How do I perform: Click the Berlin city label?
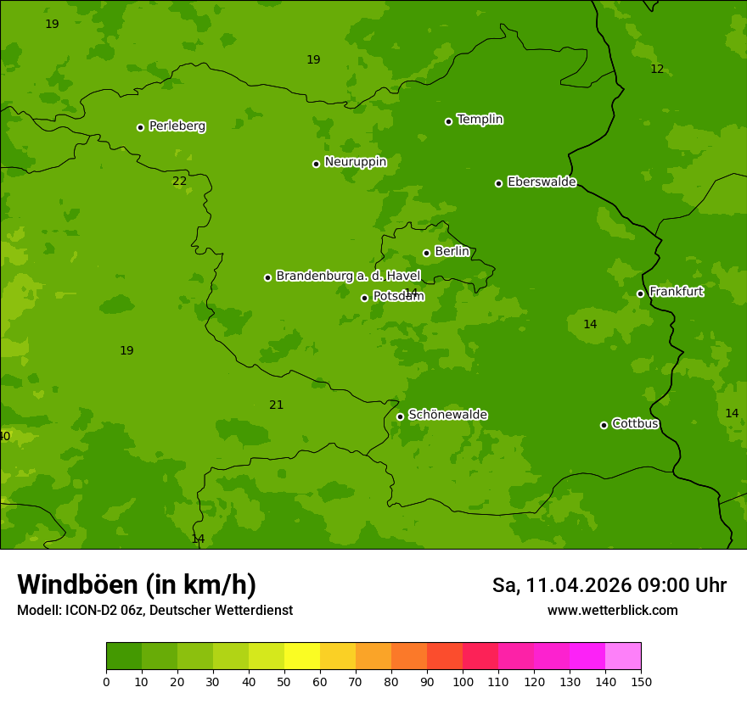452,252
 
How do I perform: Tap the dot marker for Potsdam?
365,298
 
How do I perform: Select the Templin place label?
480,120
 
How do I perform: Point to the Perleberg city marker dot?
141,127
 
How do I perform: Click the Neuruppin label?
355,162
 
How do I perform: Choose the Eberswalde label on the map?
542,182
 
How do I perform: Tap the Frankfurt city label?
676,292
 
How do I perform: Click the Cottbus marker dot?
604,425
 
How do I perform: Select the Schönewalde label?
447,415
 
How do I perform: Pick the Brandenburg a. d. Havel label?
348,277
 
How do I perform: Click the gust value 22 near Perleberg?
180,182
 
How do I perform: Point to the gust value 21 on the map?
277,405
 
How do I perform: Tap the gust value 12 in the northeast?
657,70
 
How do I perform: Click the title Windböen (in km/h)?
137,584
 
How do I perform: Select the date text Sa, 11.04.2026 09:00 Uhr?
609,585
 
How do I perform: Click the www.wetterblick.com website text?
612,611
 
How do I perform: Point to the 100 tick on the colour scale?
463,681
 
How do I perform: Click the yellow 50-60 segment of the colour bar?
302,657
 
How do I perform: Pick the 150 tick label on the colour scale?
641,681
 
